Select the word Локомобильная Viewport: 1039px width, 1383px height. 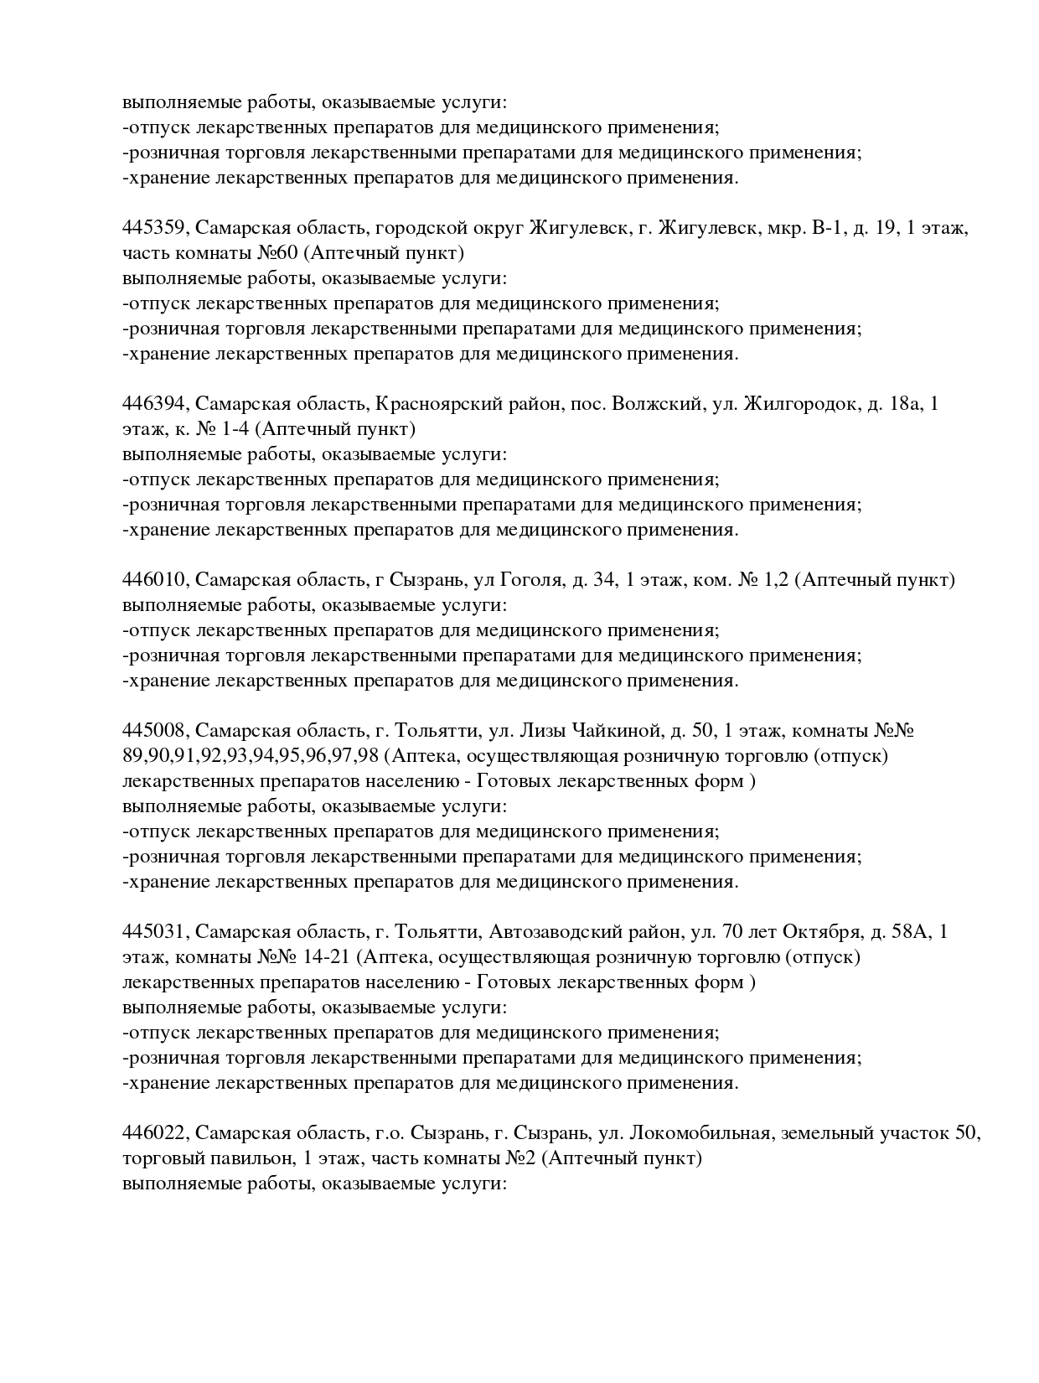coord(700,1133)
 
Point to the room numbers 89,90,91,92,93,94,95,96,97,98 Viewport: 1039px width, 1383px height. coord(251,756)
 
